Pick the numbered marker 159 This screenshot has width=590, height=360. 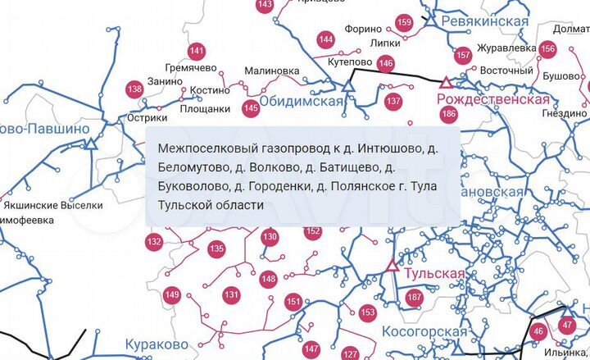404,22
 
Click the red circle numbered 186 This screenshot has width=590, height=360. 448,114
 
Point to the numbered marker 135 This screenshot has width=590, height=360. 216,248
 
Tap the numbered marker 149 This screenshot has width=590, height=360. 172,295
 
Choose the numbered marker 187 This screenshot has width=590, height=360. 415,297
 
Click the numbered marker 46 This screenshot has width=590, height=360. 538,331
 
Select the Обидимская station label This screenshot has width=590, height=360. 300,102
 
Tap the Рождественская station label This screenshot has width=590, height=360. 493,99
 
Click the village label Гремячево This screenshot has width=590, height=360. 191,68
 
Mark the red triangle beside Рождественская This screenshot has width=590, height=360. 446,82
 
